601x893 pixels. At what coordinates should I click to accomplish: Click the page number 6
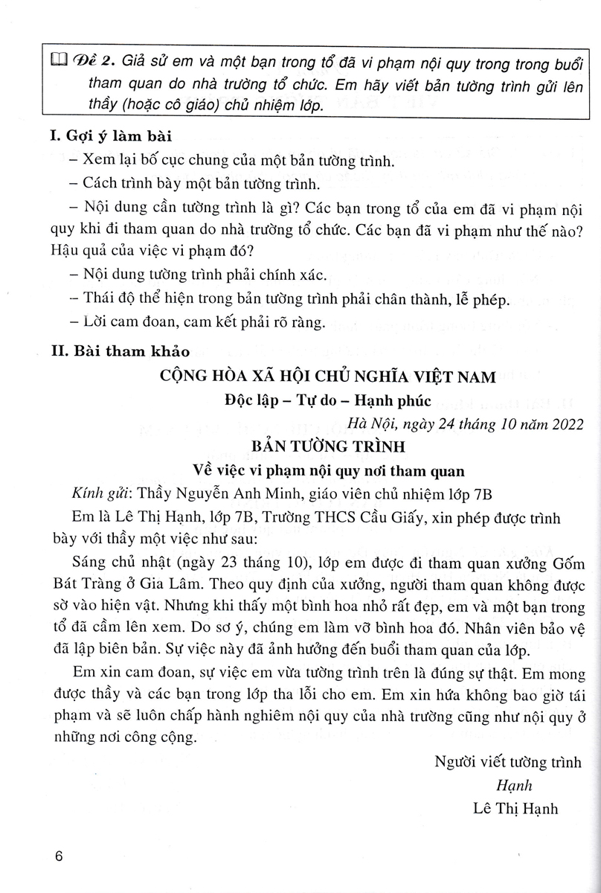[60, 856]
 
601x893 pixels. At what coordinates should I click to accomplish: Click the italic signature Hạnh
[514, 786]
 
